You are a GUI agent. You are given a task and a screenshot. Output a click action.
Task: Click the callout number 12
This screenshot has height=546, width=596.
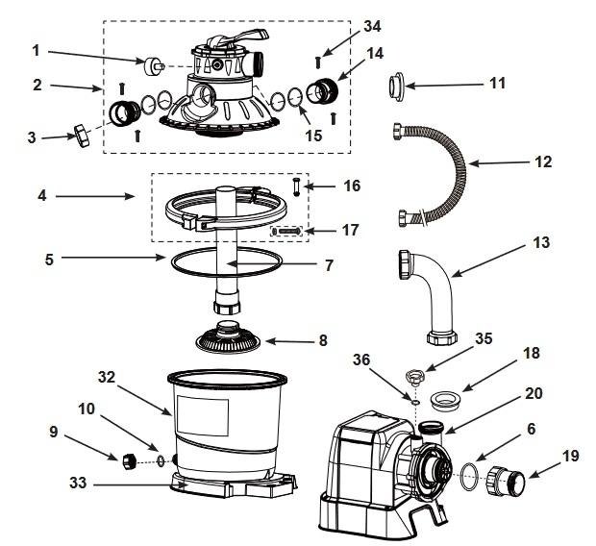(x=543, y=161)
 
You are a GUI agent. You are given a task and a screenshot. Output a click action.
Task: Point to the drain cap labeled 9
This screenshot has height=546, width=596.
(x=129, y=461)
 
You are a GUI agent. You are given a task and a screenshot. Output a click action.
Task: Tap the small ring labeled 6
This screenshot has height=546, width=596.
(x=466, y=471)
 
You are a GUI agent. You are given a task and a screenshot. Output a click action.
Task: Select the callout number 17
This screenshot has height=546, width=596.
(x=350, y=232)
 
